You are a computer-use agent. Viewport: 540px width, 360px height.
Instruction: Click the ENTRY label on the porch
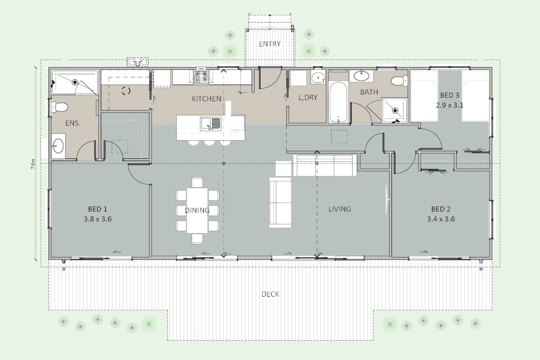(x=270, y=44)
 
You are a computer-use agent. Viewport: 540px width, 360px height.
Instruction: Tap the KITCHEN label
(x=207, y=99)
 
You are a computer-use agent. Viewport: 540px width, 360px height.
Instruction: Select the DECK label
(x=270, y=294)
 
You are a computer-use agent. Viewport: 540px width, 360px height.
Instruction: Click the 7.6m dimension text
(x=33, y=164)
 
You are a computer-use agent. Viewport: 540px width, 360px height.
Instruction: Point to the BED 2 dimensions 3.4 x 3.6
(x=441, y=219)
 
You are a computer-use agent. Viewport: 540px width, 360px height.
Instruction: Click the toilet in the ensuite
(x=58, y=107)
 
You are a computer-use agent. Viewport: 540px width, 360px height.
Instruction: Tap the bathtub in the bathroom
(x=338, y=102)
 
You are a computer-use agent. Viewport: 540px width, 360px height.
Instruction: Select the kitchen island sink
(x=210, y=123)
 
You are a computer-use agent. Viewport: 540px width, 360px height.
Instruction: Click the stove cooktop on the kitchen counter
(x=201, y=76)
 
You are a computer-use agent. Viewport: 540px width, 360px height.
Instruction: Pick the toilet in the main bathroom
(x=399, y=80)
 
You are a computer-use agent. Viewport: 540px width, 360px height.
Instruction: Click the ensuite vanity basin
(x=58, y=146)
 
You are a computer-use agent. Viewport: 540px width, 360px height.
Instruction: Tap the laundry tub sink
(x=318, y=77)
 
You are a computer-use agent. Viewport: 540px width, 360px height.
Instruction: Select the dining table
(x=197, y=211)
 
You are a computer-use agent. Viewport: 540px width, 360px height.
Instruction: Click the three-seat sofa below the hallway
(x=325, y=166)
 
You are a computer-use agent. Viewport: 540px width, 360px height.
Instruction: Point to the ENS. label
(x=73, y=123)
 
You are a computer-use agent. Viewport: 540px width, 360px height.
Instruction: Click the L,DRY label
(x=308, y=97)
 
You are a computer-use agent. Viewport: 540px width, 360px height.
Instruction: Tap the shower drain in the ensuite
(x=75, y=82)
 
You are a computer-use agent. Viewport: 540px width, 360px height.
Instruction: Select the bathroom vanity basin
(x=361, y=76)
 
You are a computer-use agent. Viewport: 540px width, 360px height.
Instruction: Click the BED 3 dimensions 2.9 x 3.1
(x=450, y=105)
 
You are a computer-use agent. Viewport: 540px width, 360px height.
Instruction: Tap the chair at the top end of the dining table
(x=197, y=182)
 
